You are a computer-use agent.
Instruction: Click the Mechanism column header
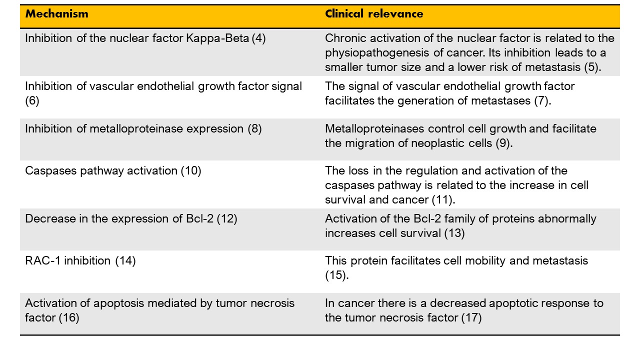click(x=57, y=13)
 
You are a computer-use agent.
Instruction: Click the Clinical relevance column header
click(x=374, y=13)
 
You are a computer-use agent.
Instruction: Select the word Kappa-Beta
click(x=217, y=38)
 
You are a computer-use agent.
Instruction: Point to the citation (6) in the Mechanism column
click(x=32, y=101)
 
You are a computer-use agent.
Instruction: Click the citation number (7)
click(x=542, y=101)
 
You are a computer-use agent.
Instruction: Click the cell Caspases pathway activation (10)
click(x=113, y=171)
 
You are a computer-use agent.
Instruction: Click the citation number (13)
click(x=454, y=233)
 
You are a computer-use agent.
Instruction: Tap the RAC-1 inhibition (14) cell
click(x=80, y=261)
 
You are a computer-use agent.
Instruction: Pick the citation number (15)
click(x=337, y=275)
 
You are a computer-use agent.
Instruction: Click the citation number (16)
click(x=69, y=318)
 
